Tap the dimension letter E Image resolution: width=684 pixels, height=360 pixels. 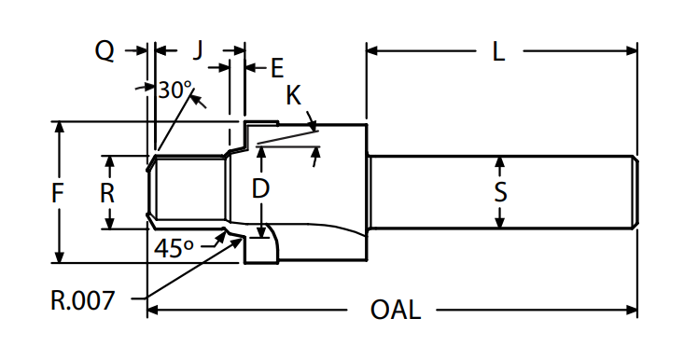(276, 67)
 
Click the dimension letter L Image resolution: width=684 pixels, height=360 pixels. (499, 52)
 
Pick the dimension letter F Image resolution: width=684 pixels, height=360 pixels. (58, 194)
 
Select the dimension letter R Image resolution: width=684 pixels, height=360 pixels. (108, 193)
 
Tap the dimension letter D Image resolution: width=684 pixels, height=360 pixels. (261, 188)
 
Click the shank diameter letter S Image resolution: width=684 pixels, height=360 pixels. (500, 193)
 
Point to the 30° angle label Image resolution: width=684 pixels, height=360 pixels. (174, 90)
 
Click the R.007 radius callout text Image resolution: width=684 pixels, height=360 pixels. (83, 300)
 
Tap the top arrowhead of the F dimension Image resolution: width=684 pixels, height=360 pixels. (59, 127)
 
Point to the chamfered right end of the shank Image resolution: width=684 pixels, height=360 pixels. (635, 192)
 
